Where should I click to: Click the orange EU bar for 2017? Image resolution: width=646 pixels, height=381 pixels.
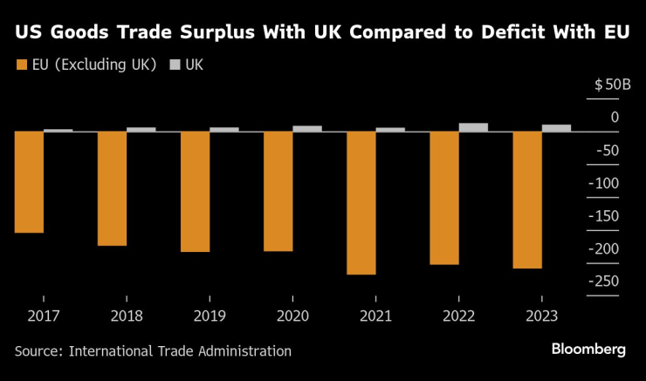(x=29, y=181)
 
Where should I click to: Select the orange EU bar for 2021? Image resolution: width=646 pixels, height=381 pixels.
(x=361, y=202)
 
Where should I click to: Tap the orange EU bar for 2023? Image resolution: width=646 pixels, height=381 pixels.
(x=527, y=200)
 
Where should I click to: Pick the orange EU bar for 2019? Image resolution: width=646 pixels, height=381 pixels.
(x=196, y=191)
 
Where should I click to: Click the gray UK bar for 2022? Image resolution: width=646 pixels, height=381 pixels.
(x=473, y=127)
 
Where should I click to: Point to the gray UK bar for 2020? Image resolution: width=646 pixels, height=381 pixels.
(x=307, y=128)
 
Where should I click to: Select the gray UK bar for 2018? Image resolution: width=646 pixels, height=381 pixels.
(x=141, y=129)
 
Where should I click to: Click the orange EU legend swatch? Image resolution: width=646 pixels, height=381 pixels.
(x=21, y=65)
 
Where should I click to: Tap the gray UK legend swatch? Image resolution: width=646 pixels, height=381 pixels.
(x=174, y=65)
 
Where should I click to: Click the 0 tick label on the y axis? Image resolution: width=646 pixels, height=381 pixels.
(x=615, y=118)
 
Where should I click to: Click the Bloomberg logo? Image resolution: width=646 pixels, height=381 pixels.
(x=588, y=349)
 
